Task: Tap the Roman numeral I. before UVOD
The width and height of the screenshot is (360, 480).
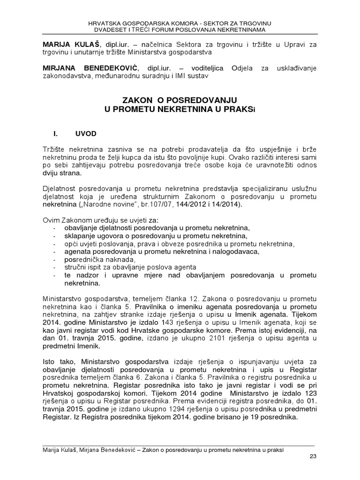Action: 55,134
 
